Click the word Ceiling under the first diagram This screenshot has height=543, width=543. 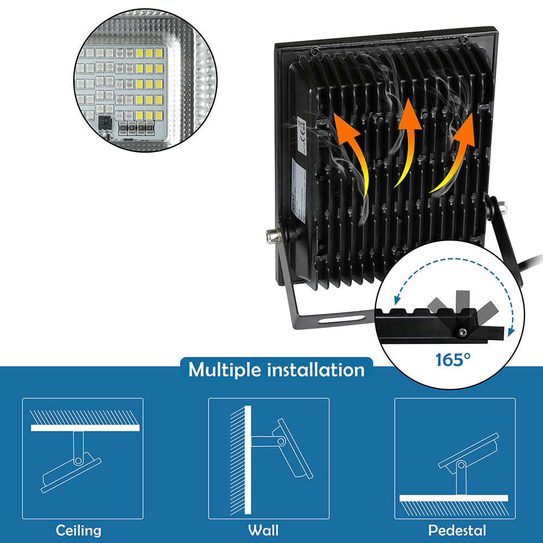click(79, 530)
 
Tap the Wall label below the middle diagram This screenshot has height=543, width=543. click(263, 530)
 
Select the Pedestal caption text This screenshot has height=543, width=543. click(457, 530)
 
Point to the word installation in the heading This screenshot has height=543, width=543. click(315, 370)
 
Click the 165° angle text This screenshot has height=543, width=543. click(453, 359)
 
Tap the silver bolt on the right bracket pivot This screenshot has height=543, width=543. click(503, 207)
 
